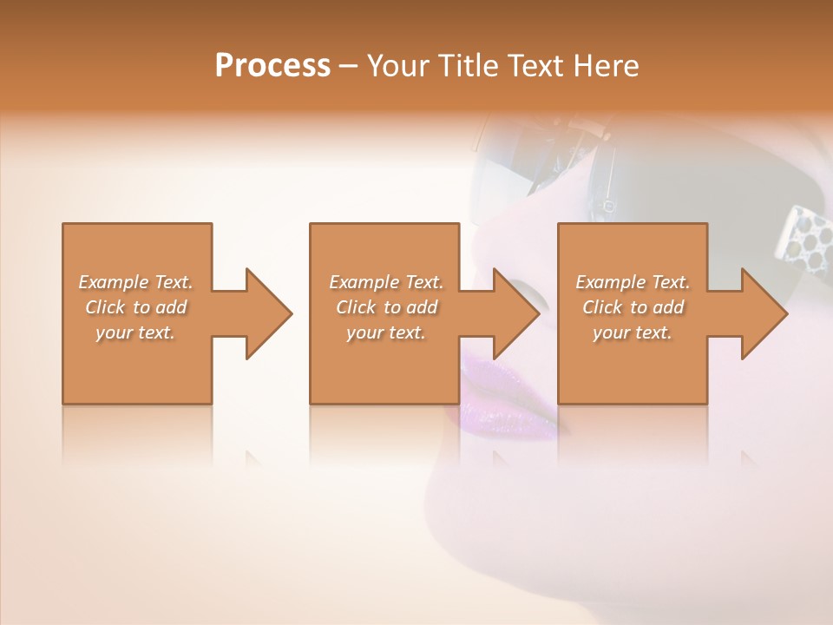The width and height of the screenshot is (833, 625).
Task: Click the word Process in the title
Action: (x=272, y=66)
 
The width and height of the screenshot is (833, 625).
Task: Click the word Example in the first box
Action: (x=114, y=282)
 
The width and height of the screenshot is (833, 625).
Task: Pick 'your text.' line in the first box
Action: (x=135, y=332)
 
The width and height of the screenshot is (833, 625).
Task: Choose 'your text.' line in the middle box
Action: (x=385, y=332)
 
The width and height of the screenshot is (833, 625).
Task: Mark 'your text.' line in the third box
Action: (x=633, y=332)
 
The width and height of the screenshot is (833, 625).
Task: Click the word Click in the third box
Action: (x=602, y=307)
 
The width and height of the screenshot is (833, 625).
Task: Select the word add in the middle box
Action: (x=422, y=307)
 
